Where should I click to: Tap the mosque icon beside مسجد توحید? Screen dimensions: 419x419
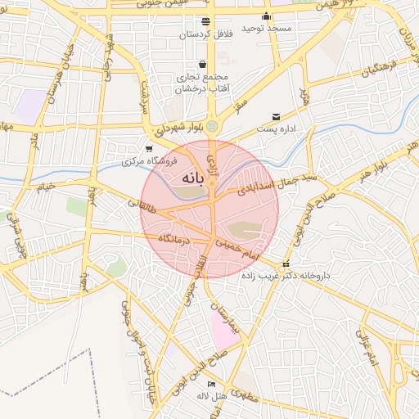click(266, 17)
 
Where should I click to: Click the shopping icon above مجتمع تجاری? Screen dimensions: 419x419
click(202, 65)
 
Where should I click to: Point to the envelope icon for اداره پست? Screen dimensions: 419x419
click(276, 117)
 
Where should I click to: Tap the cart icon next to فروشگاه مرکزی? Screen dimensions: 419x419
click(148, 149)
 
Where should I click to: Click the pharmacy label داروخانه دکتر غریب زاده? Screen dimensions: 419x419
click(286, 276)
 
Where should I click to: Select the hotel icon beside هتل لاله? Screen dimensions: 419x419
click(212, 384)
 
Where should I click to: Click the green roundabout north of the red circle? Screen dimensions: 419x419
click(212, 126)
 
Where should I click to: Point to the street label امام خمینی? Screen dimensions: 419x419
click(242, 251)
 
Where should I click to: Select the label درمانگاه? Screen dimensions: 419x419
click(174, 239)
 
